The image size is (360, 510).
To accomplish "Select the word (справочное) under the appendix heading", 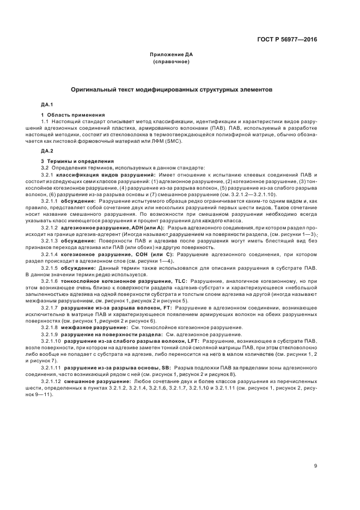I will tap(172, 62).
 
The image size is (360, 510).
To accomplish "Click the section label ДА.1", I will tap(47, 104).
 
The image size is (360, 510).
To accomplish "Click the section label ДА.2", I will tap(47, 150).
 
